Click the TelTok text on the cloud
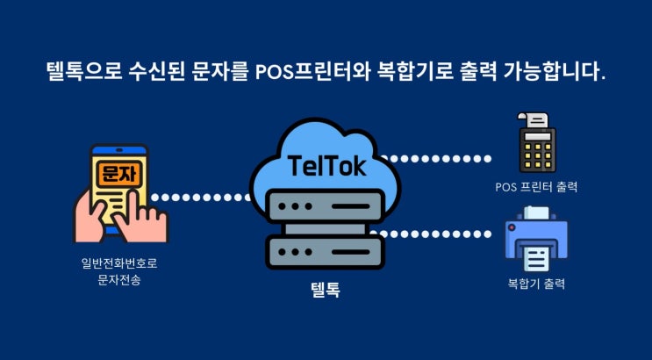(325, 164)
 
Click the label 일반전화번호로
(119, 263)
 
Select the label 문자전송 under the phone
(119, 278)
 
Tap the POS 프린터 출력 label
(535, 186)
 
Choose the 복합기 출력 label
(535, 284)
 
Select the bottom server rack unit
(325, 249)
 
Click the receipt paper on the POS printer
(531, 121)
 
